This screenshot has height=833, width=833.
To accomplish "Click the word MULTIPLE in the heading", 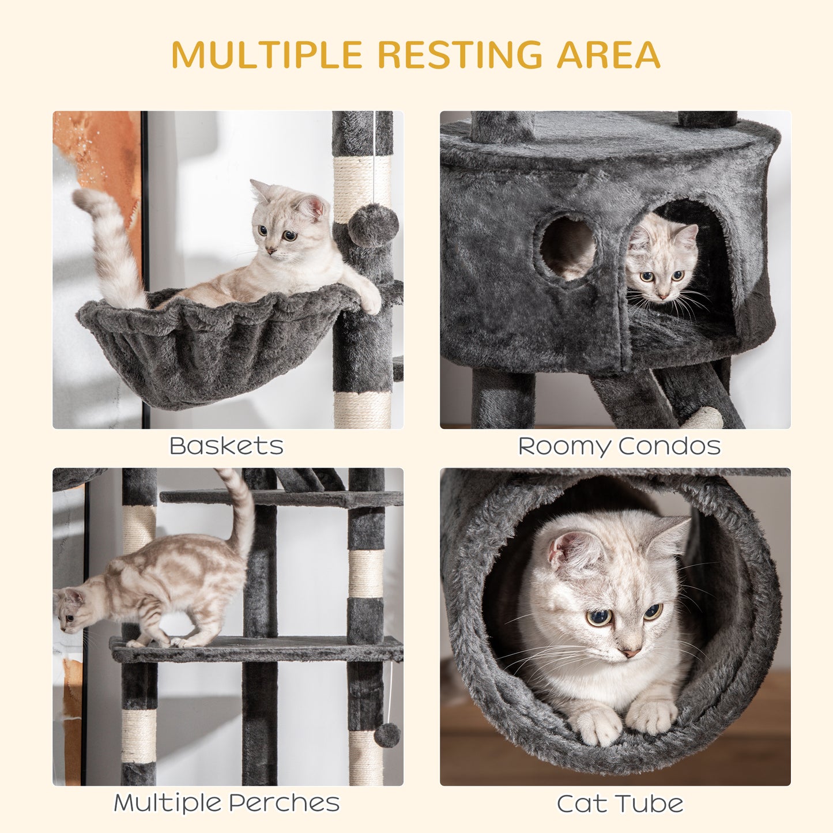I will coord(266,55).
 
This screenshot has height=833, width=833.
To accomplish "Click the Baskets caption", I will coord(227,446).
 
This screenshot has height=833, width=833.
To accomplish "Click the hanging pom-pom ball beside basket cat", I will coord(373,225).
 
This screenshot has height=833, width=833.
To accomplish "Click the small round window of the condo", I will coord(567,247).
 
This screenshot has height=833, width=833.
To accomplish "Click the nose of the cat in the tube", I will coord(630,653).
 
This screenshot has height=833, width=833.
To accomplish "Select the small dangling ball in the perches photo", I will coord(387,735).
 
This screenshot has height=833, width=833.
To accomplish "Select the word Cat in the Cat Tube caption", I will coord(579,804).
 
